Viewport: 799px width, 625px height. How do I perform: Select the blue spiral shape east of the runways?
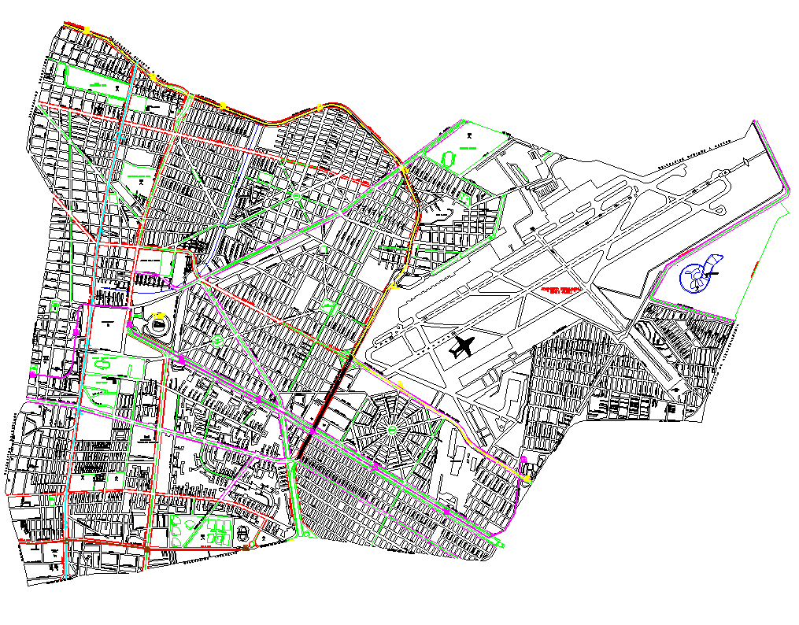[x=697, y=275]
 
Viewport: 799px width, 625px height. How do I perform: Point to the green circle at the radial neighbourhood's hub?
[x=391, y=431]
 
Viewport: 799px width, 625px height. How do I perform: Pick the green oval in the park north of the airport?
[x=449, y=158]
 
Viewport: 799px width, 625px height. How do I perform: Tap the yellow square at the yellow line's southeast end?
[x=526, y=478]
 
